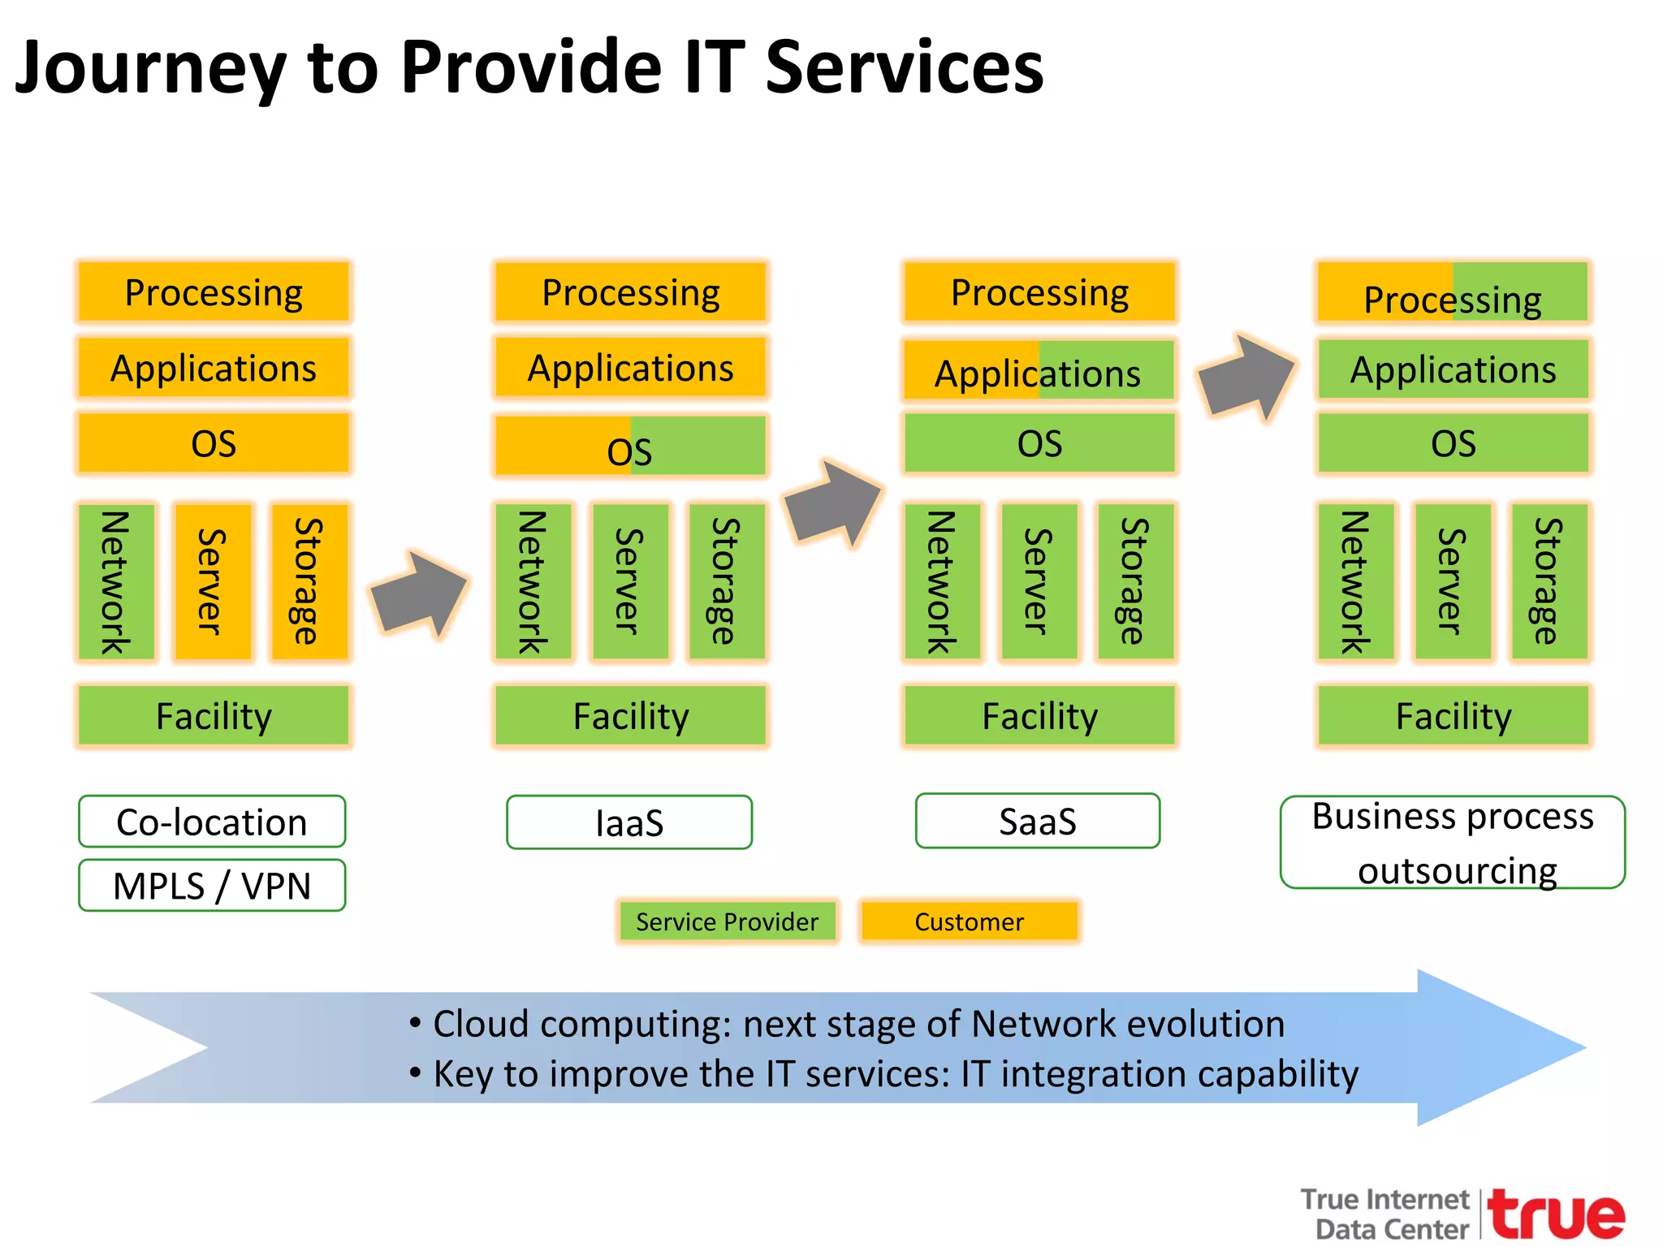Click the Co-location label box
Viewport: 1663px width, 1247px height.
coord(212,822)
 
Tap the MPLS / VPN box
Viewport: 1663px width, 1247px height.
coord(212,886)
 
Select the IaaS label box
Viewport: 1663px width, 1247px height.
coord(629,822)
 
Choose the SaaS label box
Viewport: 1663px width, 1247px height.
coord(1038,821)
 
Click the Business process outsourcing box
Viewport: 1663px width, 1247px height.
coord(1453,843)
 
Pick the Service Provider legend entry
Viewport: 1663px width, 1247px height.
coord(727,921)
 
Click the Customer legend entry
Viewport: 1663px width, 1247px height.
coord(970,921)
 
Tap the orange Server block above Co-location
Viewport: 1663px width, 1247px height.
coord(213,581)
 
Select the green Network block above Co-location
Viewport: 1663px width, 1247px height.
coord(117,581)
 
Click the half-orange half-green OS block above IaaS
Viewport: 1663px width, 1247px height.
coord(630,446)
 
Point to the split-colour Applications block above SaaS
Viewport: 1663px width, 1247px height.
coord(1039,371)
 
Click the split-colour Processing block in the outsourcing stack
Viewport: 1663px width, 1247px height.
coord(1453,292)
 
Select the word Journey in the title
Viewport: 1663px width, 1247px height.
coord(150,68)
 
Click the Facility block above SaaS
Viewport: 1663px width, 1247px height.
coord(1039,715)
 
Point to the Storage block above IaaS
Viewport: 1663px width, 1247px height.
coord(726,581)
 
